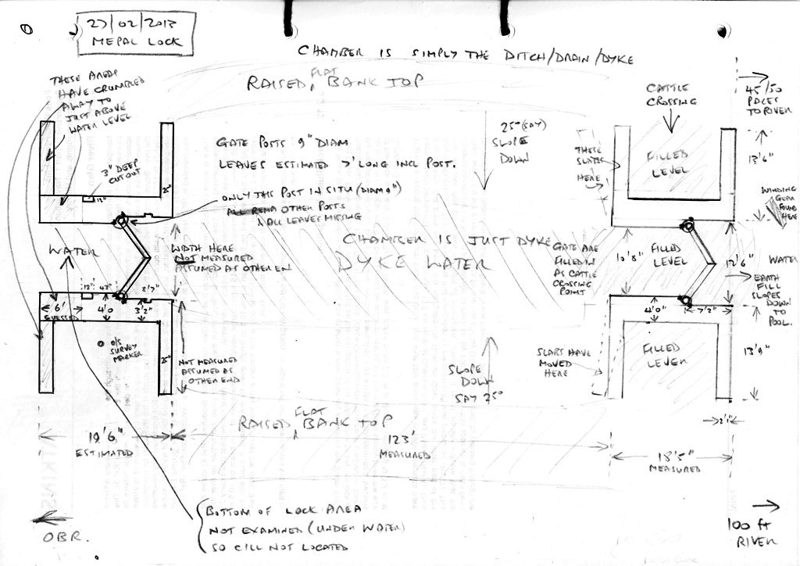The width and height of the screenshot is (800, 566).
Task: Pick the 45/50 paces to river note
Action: point(759,99)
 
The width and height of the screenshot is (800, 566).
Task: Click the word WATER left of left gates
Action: point(70,251)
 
